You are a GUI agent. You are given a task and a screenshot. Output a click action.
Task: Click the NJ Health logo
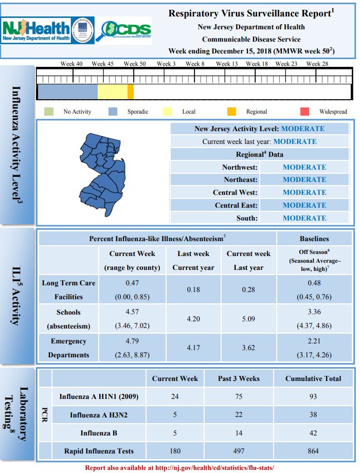point(47,30)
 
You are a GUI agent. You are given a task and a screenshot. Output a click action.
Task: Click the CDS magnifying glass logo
point(123,30)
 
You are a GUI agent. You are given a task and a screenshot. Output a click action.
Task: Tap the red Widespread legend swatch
point(304,112)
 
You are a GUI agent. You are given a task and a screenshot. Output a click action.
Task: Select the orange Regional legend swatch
point(231,112)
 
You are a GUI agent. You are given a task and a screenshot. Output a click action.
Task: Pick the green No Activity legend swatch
point(48,112)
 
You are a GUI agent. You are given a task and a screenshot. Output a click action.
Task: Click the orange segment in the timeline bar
point(131,92)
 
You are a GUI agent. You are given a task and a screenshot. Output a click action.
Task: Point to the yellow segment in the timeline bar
point(113,92)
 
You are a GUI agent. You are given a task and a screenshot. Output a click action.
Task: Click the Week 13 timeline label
point(227,64)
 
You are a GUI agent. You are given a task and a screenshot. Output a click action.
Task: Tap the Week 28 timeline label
point(317,64)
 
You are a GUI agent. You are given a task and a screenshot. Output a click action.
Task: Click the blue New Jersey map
point(102,174)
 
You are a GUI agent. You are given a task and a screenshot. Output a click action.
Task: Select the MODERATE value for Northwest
point(304,167)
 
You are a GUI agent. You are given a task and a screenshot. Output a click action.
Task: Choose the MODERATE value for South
point(304,218)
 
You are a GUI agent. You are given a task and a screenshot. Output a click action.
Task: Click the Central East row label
point(236,206)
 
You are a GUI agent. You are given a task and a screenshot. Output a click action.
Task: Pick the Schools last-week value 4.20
point(193,319)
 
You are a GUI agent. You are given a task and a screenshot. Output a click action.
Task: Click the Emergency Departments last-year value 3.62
point(248,348)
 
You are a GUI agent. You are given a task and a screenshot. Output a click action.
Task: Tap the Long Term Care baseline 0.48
point(314,283)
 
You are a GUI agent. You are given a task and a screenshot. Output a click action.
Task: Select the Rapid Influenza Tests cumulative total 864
point(313,451)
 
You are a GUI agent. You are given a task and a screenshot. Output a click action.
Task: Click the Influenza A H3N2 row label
point(99,415)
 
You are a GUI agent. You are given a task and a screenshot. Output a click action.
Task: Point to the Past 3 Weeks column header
point(239,378)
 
